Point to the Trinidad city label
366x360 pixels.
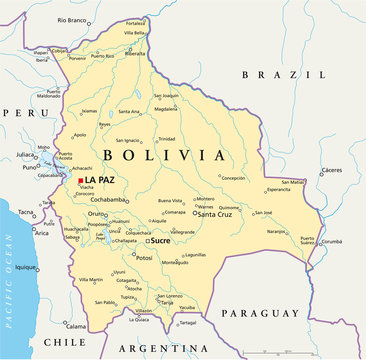(166, 139)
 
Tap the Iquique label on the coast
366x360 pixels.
(25, 267)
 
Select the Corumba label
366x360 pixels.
(331, 241)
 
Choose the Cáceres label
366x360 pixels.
(331, 170)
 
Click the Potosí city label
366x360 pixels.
(144, 258)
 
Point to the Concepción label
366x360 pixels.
(232, 177)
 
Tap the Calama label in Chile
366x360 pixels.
(76, 326)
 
